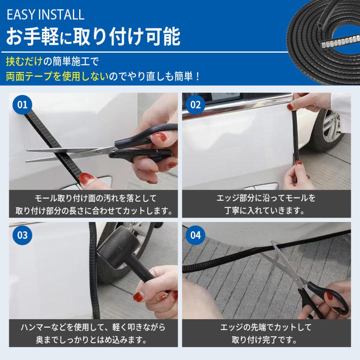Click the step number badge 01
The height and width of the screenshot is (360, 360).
click(x=22, y=105)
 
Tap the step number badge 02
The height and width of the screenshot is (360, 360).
click(x=195, y=105)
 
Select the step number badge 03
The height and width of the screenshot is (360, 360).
click(x=22, y=235)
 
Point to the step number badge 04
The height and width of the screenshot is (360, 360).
click(x=195, y=235)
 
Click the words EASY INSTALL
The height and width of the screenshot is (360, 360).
click(x=46, y=15)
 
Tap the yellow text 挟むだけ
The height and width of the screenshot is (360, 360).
click(x=24, y=62)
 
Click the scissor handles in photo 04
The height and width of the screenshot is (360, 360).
click(x=324, y=298)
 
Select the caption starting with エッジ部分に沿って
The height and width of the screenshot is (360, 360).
click(x=266, y=204)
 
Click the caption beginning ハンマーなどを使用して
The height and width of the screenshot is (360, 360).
click(x=93, y=333)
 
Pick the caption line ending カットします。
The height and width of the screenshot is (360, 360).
click(x=94, y=210)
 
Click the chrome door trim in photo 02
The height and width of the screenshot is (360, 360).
click(x=236, y=108)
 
